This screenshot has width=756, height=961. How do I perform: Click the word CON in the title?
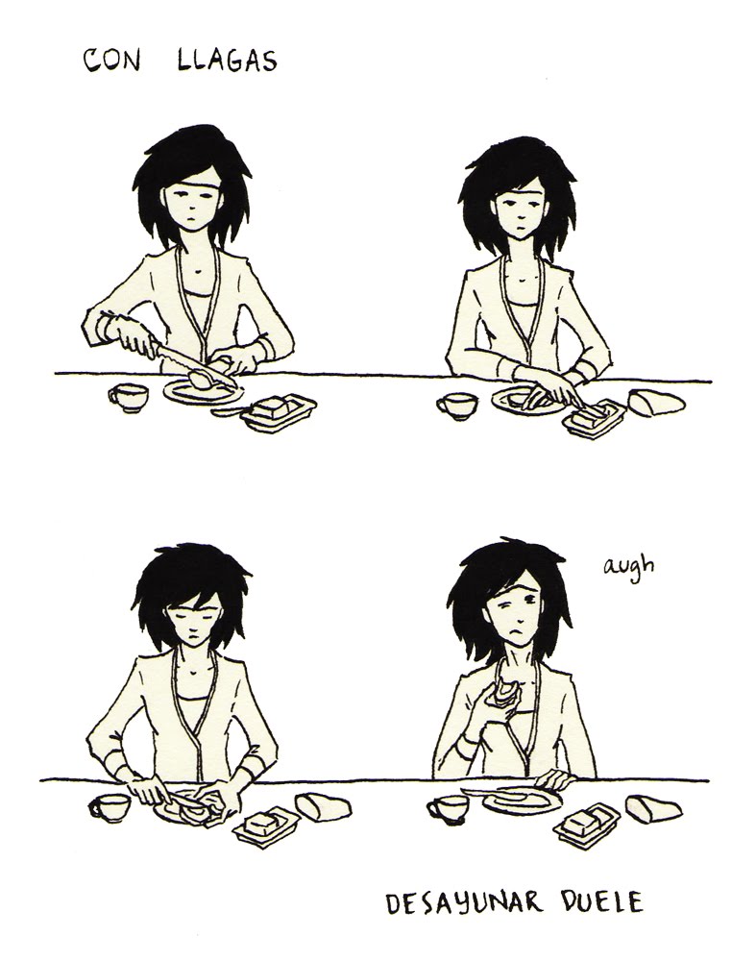(111, 60)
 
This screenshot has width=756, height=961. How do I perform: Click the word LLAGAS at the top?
(228, 60)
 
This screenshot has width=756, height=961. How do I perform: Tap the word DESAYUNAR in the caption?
(464, 902)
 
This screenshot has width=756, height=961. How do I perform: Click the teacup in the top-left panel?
(128, 397)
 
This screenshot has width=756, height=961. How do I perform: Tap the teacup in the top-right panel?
(457, 406)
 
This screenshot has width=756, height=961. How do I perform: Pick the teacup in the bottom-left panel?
(110, 807)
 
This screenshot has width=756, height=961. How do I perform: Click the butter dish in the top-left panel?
(279, 411)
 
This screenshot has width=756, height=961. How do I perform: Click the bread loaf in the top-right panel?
(656, 403)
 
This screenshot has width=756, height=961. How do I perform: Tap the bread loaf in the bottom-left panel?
(323, 806)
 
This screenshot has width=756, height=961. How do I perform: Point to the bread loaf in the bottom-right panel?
(653, 809)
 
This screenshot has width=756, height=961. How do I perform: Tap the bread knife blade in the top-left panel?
(195, 366)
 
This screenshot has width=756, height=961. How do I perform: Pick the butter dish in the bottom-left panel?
(266, 825)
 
